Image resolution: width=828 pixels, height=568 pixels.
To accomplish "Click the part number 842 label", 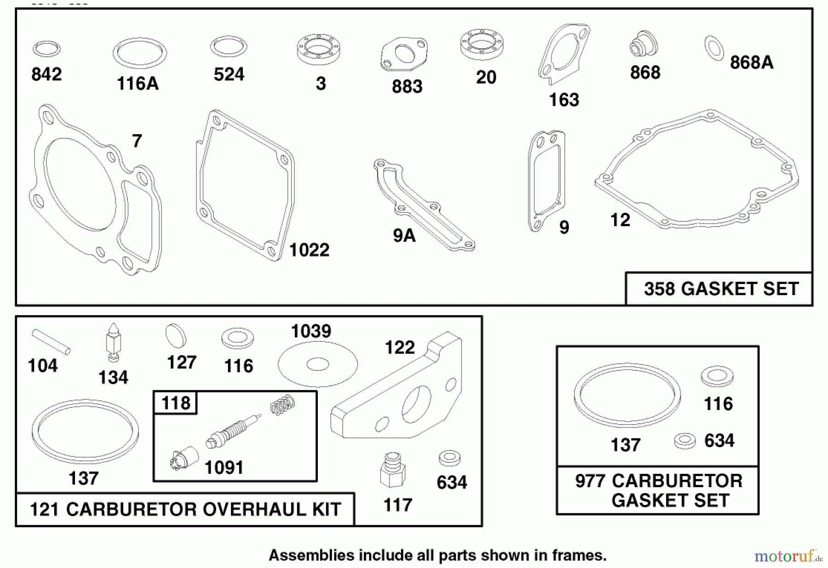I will [46, 74].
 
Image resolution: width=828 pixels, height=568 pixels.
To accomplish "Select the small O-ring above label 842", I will [46, 48].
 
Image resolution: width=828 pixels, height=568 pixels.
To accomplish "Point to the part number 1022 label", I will [309, 250].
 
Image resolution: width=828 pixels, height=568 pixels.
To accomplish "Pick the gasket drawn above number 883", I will [404, 54].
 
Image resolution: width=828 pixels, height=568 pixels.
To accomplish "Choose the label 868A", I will [752, 62].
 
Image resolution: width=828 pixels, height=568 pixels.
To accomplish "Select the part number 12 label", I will [620, 220].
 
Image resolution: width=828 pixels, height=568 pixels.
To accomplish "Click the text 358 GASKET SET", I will [721, 289].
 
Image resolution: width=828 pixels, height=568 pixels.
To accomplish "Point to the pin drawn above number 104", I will [51, 341].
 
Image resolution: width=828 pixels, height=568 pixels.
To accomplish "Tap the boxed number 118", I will [176, 403].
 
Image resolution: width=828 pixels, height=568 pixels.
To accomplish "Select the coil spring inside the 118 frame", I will [282, 405].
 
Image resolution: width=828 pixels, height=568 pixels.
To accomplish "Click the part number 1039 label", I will [311, 331].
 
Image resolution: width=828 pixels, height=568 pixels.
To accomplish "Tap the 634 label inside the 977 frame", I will [719, 441].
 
